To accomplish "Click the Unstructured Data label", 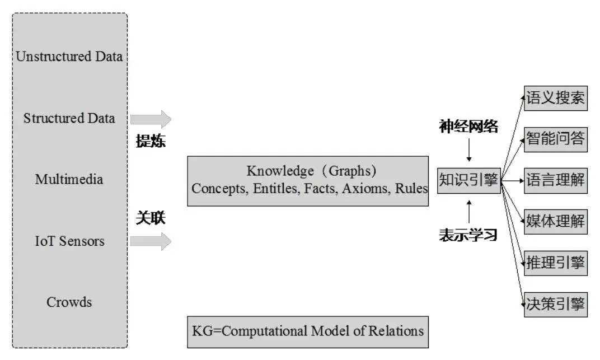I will click(69, 57).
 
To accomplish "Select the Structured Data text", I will click(69, 118).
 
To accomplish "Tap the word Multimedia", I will click(69, 180).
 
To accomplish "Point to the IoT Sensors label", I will click(69, 241).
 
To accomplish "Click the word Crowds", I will click(69, 302).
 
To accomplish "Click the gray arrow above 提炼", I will click(151, 119).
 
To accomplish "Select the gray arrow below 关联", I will click(151, 241).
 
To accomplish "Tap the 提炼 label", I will click(151, 141).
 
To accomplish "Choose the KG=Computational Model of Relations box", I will click(308, 330).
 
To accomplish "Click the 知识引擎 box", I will click(468, 180).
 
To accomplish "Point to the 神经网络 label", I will click(468, 127).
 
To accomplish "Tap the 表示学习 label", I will click(468, 235).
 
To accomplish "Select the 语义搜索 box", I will click(555, 99).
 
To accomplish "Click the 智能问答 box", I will click(555, 139).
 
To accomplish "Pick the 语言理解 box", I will click(555, 180).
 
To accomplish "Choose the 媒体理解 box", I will click(555, 221).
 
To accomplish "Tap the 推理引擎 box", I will click(555, 262).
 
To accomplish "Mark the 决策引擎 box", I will click(555, 303).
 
